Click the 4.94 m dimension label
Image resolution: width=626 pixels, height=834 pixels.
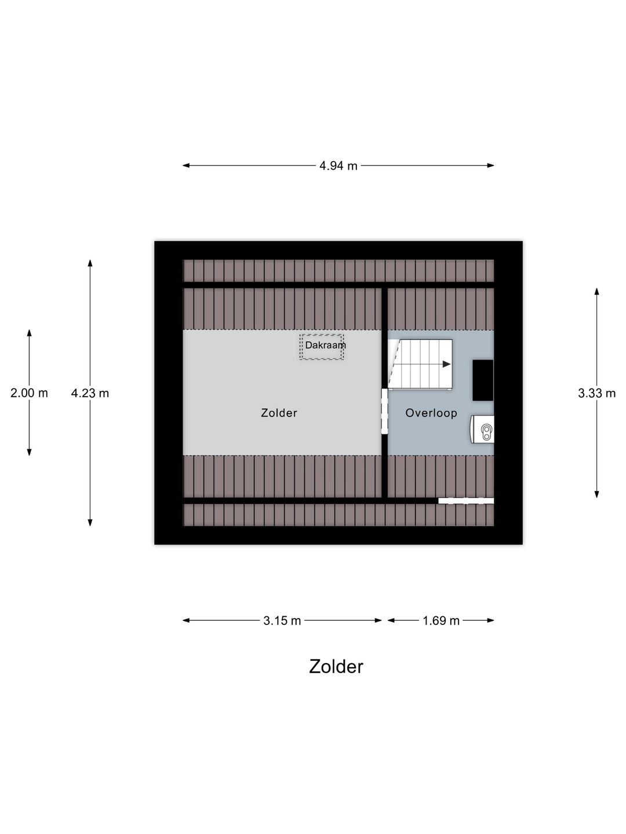click(x=338, y=166)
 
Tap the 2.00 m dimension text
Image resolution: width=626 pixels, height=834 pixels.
click(x=29, y=393)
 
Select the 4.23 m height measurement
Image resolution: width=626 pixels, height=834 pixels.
click(x=90, y=393)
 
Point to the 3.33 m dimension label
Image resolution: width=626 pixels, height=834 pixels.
click(x=597, y=393)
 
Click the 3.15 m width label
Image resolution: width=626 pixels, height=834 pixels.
click(x=282, y=621)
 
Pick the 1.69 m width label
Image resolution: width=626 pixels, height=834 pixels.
click(x=441, y=621)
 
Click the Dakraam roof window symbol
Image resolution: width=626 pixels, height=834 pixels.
click(x=322, y=347)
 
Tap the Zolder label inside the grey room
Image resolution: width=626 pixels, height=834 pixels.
click(x=279, y=413)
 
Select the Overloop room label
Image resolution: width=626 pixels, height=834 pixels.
click(x=431, y=413)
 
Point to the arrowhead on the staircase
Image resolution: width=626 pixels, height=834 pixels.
click(x=446, y=364)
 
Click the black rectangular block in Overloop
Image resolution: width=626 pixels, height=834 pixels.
click(x=483, y=380)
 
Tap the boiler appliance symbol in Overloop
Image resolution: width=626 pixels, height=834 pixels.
click(x=483, y=429)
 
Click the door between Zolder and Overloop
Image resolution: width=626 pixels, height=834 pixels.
click(x=384, y=411)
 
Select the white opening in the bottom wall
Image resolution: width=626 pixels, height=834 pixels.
click(x=466, y=501)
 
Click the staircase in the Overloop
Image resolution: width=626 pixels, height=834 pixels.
click(x=420, y=364)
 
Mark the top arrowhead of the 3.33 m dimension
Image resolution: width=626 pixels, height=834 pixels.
click(x=597, y=291)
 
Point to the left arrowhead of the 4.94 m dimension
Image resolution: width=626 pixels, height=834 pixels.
click(x=186, y=166)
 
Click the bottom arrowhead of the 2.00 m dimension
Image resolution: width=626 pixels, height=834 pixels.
click(x=29, y=452)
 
